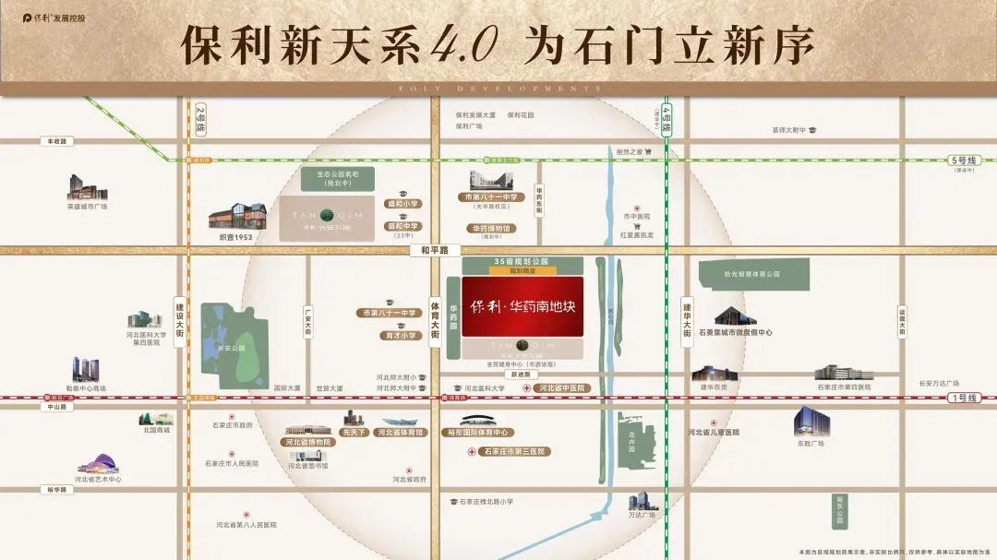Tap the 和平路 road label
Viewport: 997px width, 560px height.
434,250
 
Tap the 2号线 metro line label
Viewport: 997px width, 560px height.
200,119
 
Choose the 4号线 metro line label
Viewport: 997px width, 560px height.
667,121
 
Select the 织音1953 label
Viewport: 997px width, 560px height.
236,237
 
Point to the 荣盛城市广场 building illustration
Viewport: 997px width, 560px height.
88,188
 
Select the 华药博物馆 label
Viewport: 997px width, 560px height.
493,228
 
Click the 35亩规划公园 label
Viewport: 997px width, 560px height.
523,262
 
